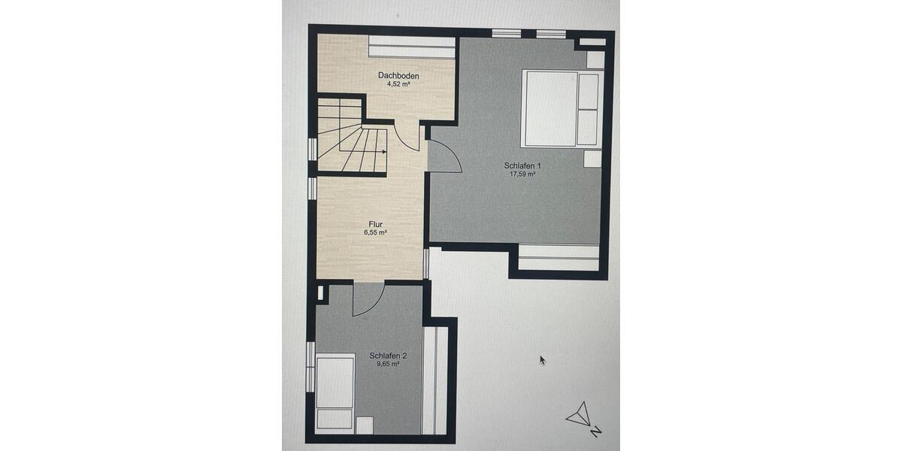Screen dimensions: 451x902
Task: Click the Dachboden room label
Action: [398, 76]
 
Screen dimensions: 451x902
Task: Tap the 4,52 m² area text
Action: [398, 84]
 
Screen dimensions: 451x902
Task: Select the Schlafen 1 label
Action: [522, 165]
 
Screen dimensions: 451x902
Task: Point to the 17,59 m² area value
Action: [522, 174]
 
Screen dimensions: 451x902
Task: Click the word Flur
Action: [376, 224]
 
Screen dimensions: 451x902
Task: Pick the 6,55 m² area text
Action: [376, 232]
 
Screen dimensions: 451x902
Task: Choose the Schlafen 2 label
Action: [388, 356]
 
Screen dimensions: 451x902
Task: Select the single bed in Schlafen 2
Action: [334, 392]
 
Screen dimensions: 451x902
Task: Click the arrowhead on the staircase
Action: [384, 152]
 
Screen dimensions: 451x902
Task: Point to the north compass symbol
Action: [579, 416]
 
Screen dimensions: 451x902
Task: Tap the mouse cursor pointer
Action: [542, 359]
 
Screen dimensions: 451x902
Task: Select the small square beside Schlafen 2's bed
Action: [365, 425]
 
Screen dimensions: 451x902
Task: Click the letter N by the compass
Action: [595, 431]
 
